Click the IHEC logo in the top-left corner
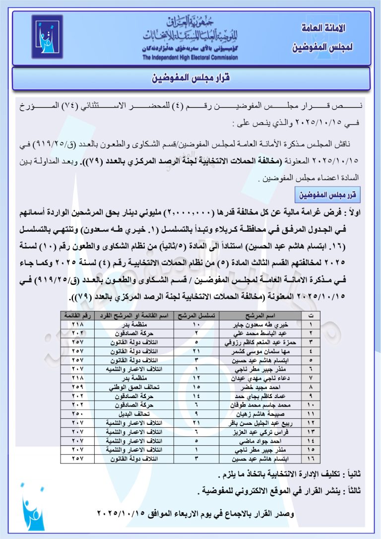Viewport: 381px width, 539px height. pos(47,37)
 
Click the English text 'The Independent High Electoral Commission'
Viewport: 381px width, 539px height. pos(190,57)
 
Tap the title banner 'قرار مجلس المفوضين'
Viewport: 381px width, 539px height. pos(190,78)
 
